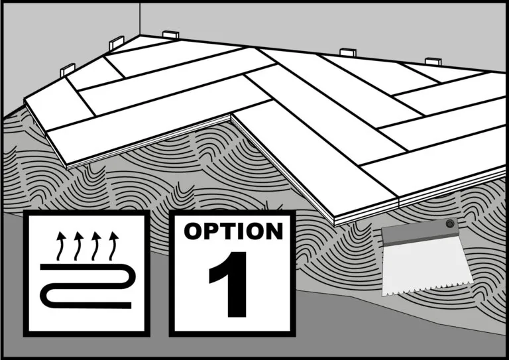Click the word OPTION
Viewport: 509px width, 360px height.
233,231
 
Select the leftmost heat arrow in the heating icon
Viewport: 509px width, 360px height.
60,246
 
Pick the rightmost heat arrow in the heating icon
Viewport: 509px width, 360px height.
113,246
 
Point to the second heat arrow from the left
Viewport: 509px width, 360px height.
78,246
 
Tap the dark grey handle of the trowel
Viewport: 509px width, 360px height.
421,231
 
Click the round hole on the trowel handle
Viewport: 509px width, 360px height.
450,223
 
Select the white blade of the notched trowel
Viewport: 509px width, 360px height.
426,266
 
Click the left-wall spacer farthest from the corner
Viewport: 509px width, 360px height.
68,70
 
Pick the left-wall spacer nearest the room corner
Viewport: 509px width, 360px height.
117,42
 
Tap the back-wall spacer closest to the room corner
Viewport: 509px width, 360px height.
171,34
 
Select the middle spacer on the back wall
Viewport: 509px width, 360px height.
348,52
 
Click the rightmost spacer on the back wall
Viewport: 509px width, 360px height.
433,62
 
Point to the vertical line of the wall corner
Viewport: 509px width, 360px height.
140,19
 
